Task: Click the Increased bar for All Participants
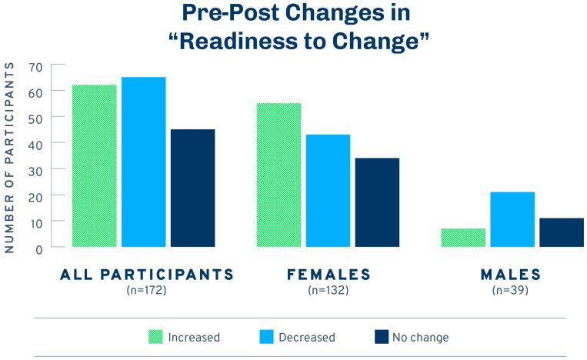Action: pyautogui.click(x=95, y=166)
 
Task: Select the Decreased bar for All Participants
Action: pyautogui.click(x=144, y=162)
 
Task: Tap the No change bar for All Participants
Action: pyautogui.click(x=193, y=188)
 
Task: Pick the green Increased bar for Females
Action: pyautogui.click(x=279, y=175)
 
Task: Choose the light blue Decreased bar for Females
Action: pyautogui.click(x=328, y=191)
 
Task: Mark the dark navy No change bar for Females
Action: pyautogui.click(x=377, y=202)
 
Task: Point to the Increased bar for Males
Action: pyautogui.click(x=463, y=238)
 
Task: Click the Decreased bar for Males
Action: pyautogui.click(x=512, y=219)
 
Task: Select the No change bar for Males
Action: pyautogui.click(x=562, y=232)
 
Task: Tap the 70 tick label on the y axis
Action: pyautogui.click(x=35, y=68)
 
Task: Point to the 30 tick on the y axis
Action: pyautogui.click(x=35, y=172)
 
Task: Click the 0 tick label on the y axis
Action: pyautogui.click(x=39, y=249)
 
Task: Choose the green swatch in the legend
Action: pyautogui.click(x=155, y=337)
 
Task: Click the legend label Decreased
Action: pyautogui.click(x=307, y=337)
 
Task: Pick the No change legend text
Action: pyautogui.click(x=420, y=337)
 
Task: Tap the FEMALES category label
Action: pyautogui.click(x=329, y=275)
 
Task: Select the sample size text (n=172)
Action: pyautogui.click(x=146, y=290)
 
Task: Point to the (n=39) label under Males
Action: pyautogui.click(x=510, y=290)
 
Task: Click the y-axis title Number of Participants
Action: pyautogui.click(x=9, y=158)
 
